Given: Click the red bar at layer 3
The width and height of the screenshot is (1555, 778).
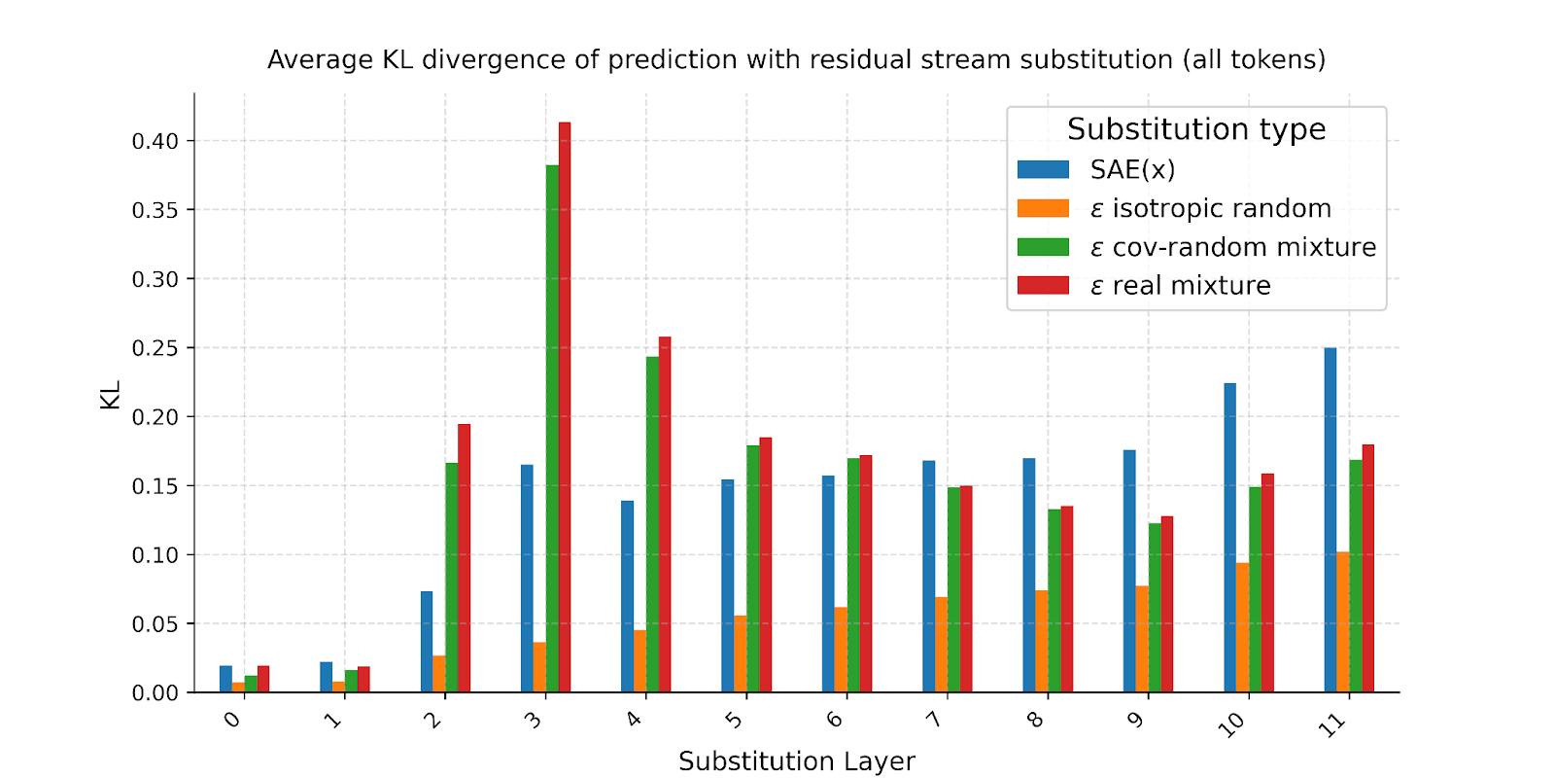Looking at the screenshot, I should (x=565, y=408).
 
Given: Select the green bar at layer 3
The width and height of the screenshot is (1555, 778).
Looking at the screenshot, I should (x=552, y=428).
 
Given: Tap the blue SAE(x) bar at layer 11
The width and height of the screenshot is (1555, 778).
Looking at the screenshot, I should (x=1330, y=520).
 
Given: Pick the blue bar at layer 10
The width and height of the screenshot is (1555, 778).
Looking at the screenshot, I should (x=1230, y=538).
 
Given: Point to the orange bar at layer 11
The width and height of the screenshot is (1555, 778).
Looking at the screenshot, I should (x=1343, y=622).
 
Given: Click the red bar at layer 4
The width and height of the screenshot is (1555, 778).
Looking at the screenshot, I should (x=665, y=515).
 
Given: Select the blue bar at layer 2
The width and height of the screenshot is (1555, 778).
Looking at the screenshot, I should (x=427, y=642).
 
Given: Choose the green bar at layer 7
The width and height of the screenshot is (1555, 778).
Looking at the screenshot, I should (x=953, y=589).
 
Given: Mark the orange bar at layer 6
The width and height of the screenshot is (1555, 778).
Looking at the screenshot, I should (x=841, y=650).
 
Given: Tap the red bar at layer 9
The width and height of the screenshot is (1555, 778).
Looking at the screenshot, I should (x=1167, y=604).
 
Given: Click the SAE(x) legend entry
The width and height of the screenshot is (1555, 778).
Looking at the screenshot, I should (x=1132, y=170).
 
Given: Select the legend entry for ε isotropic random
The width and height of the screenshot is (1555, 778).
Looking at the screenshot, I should (x=1210, y=209).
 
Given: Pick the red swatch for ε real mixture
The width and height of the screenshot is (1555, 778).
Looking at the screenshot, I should (x=1043, y=286).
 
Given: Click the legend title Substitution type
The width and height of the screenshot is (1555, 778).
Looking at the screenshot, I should (x=1196, y=129).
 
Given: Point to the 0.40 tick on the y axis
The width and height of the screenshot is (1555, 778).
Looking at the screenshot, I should (x=155, y=142).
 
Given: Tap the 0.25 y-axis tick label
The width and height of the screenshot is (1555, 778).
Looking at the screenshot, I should (x=155, y=348).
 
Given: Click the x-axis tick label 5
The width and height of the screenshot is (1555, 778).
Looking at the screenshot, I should (x=735, y=721).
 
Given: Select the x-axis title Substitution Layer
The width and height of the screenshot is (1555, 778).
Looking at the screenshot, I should (x=797, y=761).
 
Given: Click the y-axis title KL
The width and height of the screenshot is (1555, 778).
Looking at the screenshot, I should (x=110, y=395).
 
